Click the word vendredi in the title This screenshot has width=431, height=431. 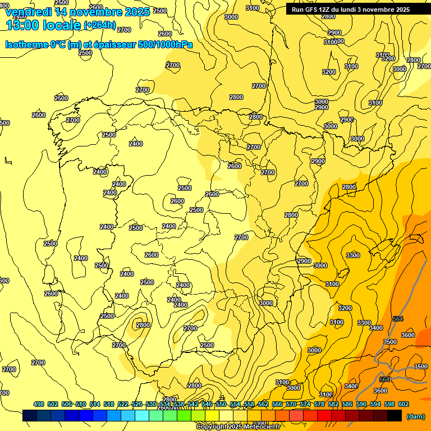[27, 12]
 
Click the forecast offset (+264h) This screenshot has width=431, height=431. [99, 25]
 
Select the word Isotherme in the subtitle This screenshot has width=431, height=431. [26, 45]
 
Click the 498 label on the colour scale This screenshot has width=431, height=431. [39, 404]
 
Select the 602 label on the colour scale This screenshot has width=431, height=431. [404, 404]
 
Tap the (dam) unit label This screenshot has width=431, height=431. [415, 416]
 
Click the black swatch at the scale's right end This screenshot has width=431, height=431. [395, 416]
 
